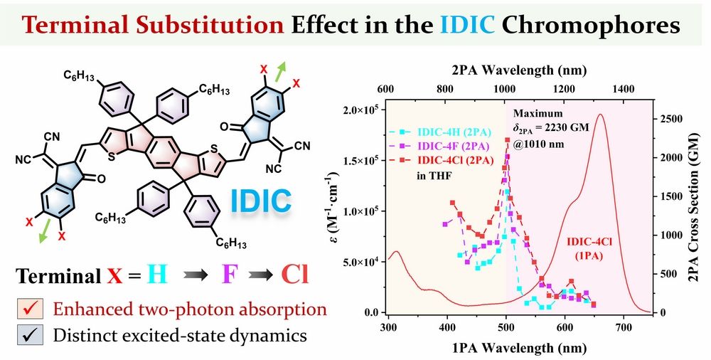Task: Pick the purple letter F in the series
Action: tap(230, 275)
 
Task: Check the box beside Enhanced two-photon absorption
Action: tap(30, 309)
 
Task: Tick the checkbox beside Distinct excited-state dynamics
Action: tap(30, 334)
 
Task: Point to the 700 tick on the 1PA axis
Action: tap(624, 327)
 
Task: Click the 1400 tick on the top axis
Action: tap(623, 90)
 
